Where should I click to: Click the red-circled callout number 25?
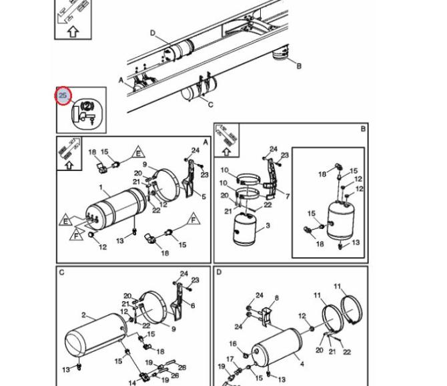click(63, 95)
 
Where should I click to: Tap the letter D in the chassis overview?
click(153, 33)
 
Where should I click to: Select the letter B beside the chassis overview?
click(299, 66)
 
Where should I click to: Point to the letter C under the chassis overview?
click(211, 105)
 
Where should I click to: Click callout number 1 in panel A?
click(101, 188)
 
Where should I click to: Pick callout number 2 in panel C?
click(83, 315)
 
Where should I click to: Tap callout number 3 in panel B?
click(268, 226)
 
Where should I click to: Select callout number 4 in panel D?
click(302, 364)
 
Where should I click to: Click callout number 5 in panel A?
click(203, 196)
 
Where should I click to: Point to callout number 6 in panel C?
click(193, 306)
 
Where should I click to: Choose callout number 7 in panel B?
click(288, 196)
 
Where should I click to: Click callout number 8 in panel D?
click(276, 298)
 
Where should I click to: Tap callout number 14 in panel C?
click(132, 383)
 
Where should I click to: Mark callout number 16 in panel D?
click(233, 343)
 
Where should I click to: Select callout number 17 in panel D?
click(230, 359)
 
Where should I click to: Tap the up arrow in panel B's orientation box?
click(226, 152)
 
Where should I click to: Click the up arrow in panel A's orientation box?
click(69, 165)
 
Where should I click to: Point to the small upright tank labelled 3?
click(245, 229)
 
